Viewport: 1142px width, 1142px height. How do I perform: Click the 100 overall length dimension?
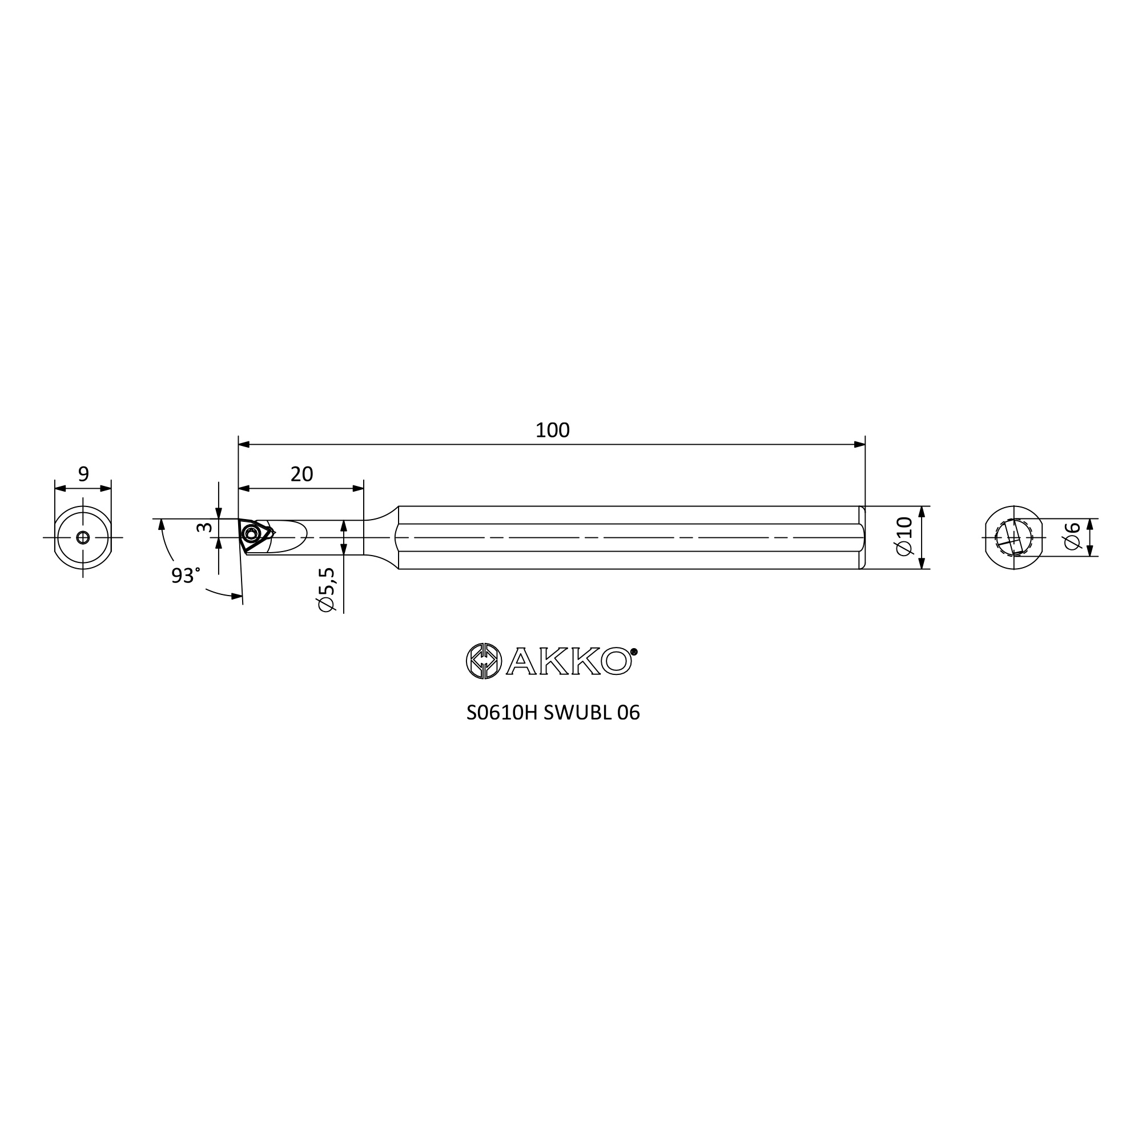click(x=552, y=431)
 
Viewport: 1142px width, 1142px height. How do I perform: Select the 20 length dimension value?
click(x=301, y=474)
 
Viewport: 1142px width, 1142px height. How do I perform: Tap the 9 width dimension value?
click(x=83, y=473)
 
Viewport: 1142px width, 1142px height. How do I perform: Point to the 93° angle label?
click(x=186, y=575)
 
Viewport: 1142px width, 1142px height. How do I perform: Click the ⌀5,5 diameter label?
click(x=326, y=589)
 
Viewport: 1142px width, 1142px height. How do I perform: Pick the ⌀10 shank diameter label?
click(x=904, y=536)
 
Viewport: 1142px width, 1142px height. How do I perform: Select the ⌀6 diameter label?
click(x=1072, y=536)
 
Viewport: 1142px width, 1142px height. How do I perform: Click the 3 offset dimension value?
click(x=204, y=526)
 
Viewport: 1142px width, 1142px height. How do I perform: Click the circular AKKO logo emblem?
click(x=484, y=661)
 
